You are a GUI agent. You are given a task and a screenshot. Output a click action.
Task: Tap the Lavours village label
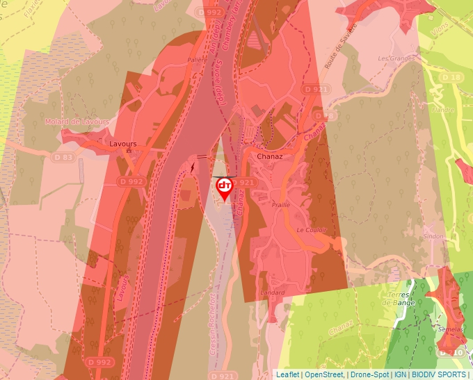pyautogui.click(x=123, y=144)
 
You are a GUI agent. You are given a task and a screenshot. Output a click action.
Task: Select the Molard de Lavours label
pyautogui.click(x=77, y=122)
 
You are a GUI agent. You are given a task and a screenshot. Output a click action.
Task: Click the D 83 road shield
pyautogui.click(x=63, y=158)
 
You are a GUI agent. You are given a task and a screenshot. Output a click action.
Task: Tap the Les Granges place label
pyautogui.click(x=396, y=58)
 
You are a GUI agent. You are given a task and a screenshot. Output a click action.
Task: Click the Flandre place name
pyautogui.click(x=442, y=110)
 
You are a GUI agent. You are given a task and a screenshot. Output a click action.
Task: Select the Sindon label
pyautogui.click(x=433, y=236)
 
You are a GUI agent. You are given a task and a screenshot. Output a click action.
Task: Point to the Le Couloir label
pyautogui.click(x=311, y=229)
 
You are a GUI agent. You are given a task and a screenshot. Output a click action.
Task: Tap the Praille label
pyautogui.click(x=281, y=205)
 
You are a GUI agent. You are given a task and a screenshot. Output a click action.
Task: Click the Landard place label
pyautogui.click(x=273, y=292)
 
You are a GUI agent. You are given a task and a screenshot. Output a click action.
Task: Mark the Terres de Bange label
pyautogui.click(x=399, y=298)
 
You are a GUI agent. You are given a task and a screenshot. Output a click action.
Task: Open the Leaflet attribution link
pyautogui.click(x=288, y=374)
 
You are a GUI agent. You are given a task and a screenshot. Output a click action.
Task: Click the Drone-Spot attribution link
pyautogui.click(x=369, y=374)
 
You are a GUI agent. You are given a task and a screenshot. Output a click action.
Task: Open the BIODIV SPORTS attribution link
pyautogui.click(x=438, y=374)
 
